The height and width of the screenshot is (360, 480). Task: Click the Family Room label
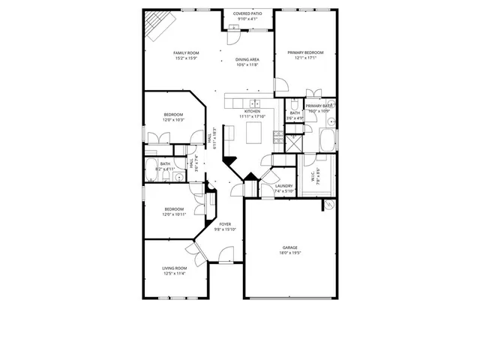point(181,52)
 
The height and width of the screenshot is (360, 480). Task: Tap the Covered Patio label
point(247,13)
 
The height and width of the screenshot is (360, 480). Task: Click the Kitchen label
point(252,111)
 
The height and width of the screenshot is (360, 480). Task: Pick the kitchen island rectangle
point(254,133)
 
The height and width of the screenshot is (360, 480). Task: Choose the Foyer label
point(225,223)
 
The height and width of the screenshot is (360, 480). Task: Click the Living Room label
point(174,268)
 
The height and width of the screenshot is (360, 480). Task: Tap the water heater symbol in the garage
point(328,204)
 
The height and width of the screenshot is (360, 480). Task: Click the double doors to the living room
point(196,251)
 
